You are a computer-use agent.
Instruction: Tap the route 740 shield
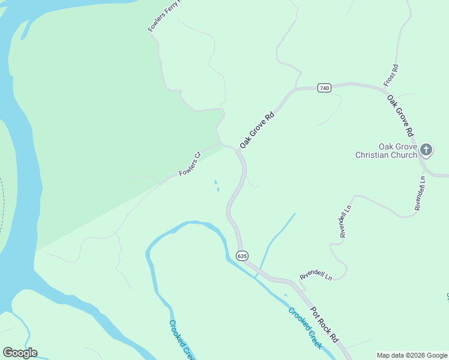tap(325, 88)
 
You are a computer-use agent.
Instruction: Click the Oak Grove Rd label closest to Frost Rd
tap(400, 115)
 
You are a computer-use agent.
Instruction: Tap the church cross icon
tap(426, 149)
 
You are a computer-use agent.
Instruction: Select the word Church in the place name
tap(403, 155)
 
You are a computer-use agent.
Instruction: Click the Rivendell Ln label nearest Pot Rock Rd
tap(316, 277)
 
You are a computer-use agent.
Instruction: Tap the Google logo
tap(20, 353)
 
